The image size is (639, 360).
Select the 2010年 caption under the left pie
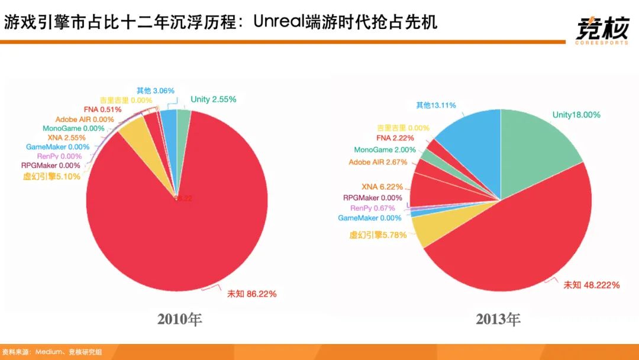tap(180, 320)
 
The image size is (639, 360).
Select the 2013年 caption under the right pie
tap(498, 320)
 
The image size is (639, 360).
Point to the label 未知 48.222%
tap(591, 285)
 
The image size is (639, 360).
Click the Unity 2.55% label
tap(213, 99)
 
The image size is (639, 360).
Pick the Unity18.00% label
tap(576, 115)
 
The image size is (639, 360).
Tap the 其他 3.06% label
tap(155, 91)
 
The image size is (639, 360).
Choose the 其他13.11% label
tap(435, 105)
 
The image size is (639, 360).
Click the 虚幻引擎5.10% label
tap(51, 176)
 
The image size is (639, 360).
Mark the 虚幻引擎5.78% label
tap(378, 235)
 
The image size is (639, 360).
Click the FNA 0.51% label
tap(102, 110)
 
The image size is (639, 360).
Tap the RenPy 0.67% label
tap(372, 208)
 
